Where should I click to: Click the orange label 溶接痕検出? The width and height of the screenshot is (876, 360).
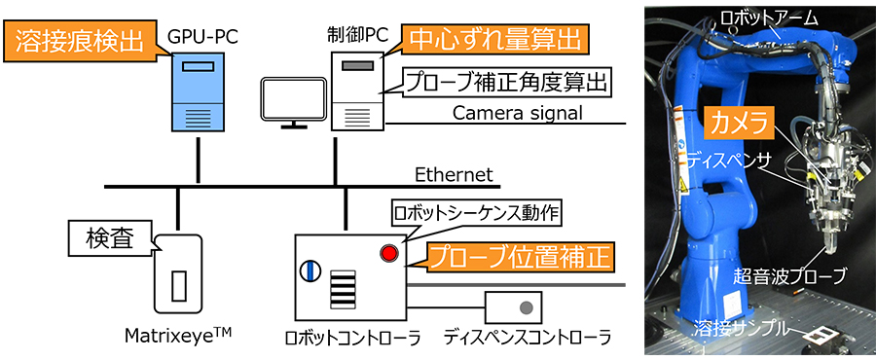(79, 42)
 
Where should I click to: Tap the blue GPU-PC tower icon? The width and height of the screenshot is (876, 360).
(198, 92)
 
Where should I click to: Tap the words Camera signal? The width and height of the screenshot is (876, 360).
(517, 113)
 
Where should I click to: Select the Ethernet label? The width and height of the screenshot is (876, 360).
(454, 175)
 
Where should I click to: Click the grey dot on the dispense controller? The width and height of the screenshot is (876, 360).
(527, 307)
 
